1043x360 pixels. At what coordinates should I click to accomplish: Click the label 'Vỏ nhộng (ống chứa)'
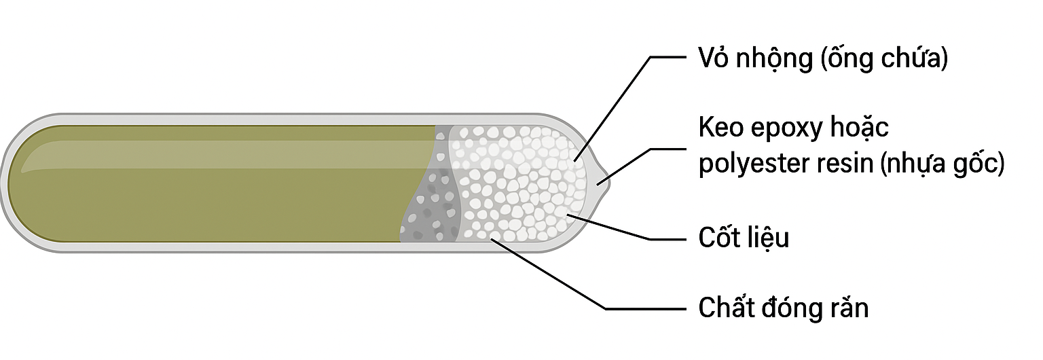click(x=823, y=58)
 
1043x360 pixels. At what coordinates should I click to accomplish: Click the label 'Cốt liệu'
click(x=744, y=238)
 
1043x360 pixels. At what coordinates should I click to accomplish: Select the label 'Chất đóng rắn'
click(x=784, y=308)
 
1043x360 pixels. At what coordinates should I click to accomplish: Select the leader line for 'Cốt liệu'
click(x=611, y=228)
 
